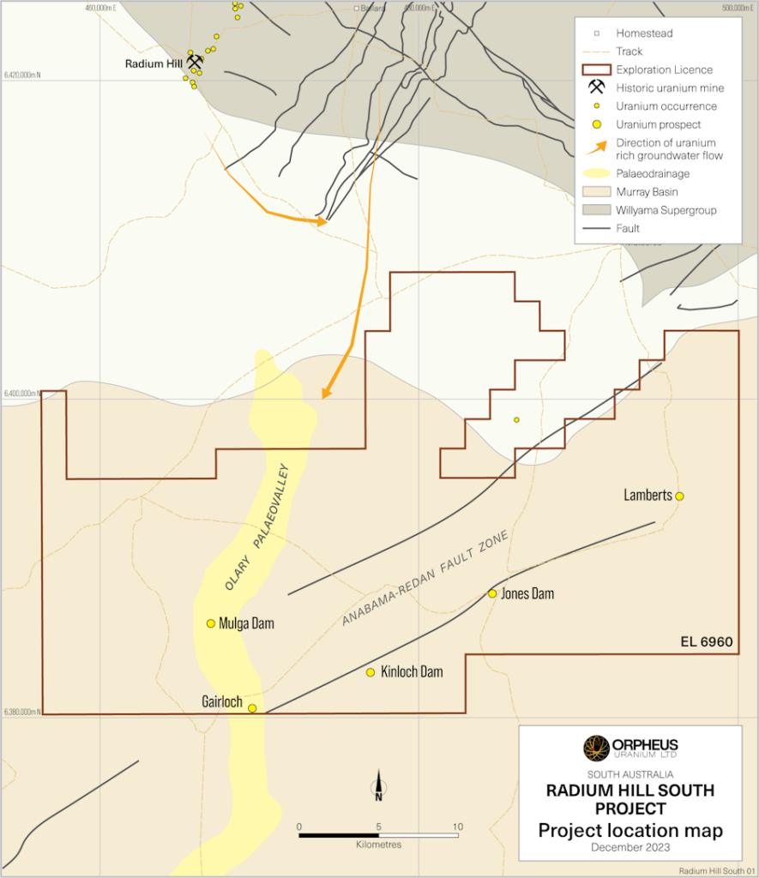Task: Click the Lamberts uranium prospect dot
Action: point(679,496)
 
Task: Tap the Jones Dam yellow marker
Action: point(492,593)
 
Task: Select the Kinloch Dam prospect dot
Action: point(370,672)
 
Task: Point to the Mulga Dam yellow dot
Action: point(211,623)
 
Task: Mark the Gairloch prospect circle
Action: point(252,708)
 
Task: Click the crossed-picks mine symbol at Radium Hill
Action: point(196,63)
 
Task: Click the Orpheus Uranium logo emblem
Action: point(595,748)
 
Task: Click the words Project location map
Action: point(630,830)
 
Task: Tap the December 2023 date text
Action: point(630,847)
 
